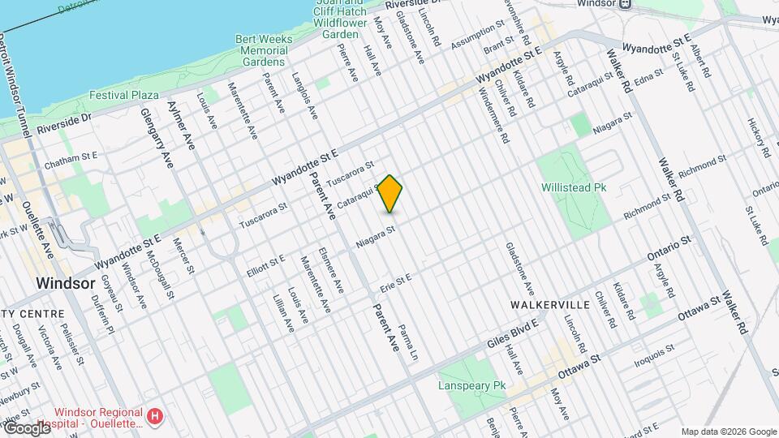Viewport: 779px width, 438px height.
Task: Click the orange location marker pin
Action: click(390, 194)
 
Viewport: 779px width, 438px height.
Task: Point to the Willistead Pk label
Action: click(574, 187)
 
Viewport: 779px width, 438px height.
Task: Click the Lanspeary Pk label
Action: click(471, 385)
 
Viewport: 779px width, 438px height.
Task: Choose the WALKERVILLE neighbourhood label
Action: click(549, 304)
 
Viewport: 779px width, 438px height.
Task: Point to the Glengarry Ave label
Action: click(157, 139)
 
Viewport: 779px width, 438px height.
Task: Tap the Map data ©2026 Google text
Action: click(729, 432)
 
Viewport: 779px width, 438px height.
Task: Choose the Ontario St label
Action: click(668, 248)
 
